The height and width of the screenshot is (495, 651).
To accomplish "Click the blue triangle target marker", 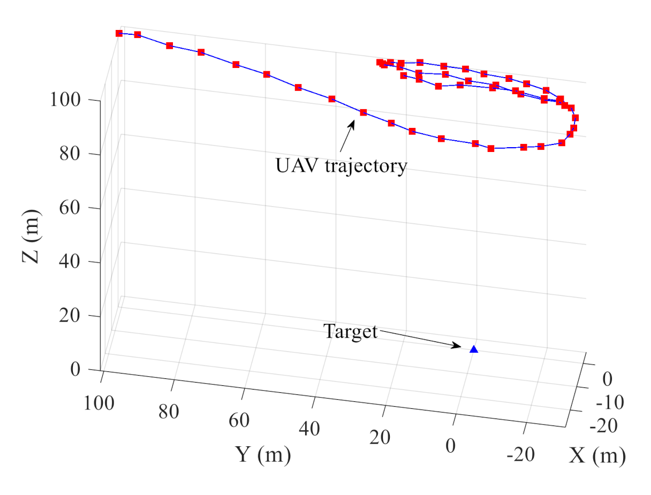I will click(473, 349).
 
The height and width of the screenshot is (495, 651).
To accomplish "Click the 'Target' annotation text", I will click(351, 332).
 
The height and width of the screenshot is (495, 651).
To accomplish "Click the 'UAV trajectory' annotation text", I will click(341, 166).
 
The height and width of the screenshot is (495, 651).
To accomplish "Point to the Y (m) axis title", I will click(263, 455).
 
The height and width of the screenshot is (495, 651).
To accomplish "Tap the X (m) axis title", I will click(597, 455).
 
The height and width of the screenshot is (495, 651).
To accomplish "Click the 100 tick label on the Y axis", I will click(99, 402).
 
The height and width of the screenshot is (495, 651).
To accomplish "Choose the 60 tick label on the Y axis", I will click(239, 421).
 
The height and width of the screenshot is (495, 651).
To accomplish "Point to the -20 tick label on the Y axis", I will click(520, 455).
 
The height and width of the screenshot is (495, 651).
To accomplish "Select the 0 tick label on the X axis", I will click(607, 379).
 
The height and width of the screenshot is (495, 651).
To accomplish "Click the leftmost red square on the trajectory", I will click(119, 33).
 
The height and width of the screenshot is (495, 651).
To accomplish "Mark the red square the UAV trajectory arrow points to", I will click(363, 112).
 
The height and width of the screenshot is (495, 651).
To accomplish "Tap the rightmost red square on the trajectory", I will click(576, 118).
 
